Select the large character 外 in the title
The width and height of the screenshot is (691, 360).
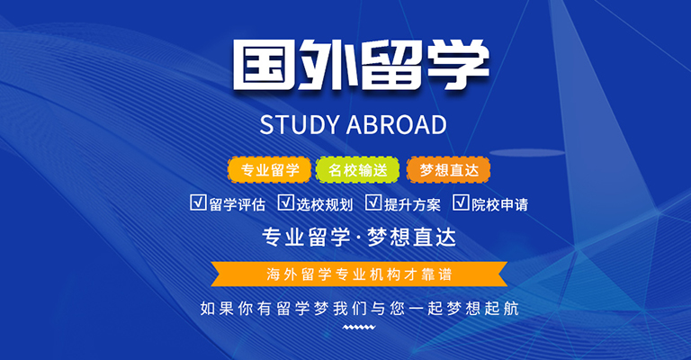coord(327,65)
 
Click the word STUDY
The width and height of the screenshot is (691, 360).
coord(301,125)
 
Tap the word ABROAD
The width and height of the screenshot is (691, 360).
coord(397,125)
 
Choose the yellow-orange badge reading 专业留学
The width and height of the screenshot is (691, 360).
coord(269,169)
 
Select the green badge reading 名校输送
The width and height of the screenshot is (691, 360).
coord(357,169)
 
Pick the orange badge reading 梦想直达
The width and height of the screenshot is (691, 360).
coord(449,169)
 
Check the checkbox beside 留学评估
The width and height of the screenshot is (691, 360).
coord(198,202)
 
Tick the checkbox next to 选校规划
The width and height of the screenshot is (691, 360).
coord(285,202)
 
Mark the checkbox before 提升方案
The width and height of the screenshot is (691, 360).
coord(373,202)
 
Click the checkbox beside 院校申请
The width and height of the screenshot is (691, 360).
coord(461,202)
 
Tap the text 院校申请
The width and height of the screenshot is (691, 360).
coord(499,204)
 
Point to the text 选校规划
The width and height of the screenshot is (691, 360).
coord(324,204)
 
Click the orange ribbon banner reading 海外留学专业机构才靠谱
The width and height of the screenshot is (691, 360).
coord(359,274)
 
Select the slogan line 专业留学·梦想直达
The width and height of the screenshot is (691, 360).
coord(359,237)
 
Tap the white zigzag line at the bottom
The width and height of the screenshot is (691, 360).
coord(359,327)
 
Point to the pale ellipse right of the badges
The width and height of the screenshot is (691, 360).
coord(527,153)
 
